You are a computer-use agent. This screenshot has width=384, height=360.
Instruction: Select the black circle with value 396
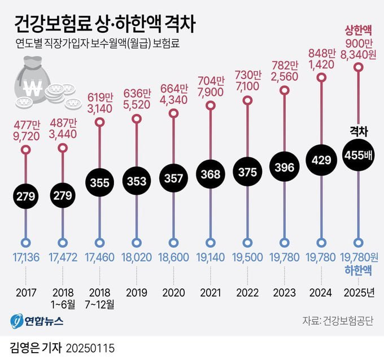pos(284,168)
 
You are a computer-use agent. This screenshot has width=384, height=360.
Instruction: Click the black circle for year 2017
pos(26,197)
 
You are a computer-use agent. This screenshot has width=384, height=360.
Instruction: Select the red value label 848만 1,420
pos(322,58)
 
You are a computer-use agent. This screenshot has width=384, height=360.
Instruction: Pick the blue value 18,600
pos(173,258)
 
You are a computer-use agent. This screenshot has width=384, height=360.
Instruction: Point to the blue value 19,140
pos(211,258)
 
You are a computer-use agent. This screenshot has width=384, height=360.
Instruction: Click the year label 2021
pos(211,293)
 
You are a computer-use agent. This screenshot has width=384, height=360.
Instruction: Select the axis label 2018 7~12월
pos(100,298)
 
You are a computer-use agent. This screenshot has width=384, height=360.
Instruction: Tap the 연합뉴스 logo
pos(37,321)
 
